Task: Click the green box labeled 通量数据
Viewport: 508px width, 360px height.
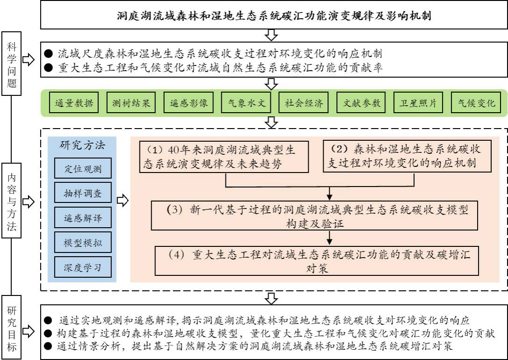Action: tap(73, 103)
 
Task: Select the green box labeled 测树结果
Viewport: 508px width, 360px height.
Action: tap(131, 103)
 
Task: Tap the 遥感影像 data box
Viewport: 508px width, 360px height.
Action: tap(189, 103)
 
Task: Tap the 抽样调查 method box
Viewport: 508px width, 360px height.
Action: tap(83, 193)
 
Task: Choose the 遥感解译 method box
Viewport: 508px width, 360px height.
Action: tap(83, 217)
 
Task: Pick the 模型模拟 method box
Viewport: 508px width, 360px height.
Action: tap(83, 243)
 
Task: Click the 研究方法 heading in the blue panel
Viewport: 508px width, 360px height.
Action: tap(82, 144)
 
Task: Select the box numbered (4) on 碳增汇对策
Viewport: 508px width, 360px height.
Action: tap(317, 261)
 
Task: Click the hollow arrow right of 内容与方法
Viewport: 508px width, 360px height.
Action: tap(29, 201)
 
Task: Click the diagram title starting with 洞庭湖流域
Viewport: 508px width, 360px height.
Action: tap(274, 15)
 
